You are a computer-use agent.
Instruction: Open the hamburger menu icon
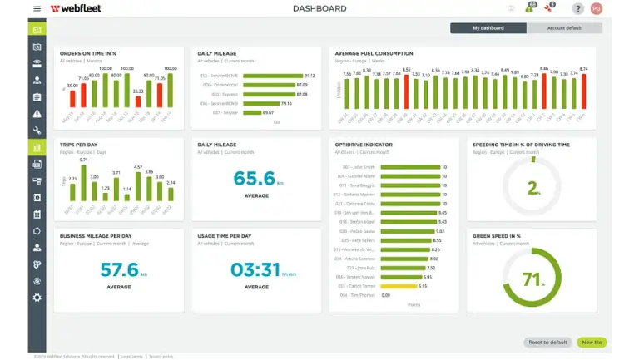click(x=37, y=9)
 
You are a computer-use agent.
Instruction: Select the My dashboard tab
click(x=488, y=28)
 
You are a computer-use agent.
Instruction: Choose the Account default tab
click(x=563, y=28)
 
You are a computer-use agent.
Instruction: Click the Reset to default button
click(x=547, y=342)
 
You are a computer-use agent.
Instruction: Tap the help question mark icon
click(x=577, y=9)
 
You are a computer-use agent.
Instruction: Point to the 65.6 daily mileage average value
click(x=254, y=179)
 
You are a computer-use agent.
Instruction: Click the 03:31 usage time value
click(x=254, y=270)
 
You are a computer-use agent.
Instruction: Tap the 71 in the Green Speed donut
click(x=532, y=279)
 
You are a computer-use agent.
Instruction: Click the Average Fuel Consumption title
click(x=373, y=53)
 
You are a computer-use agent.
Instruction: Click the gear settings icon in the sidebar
click(x=37, y=298)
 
